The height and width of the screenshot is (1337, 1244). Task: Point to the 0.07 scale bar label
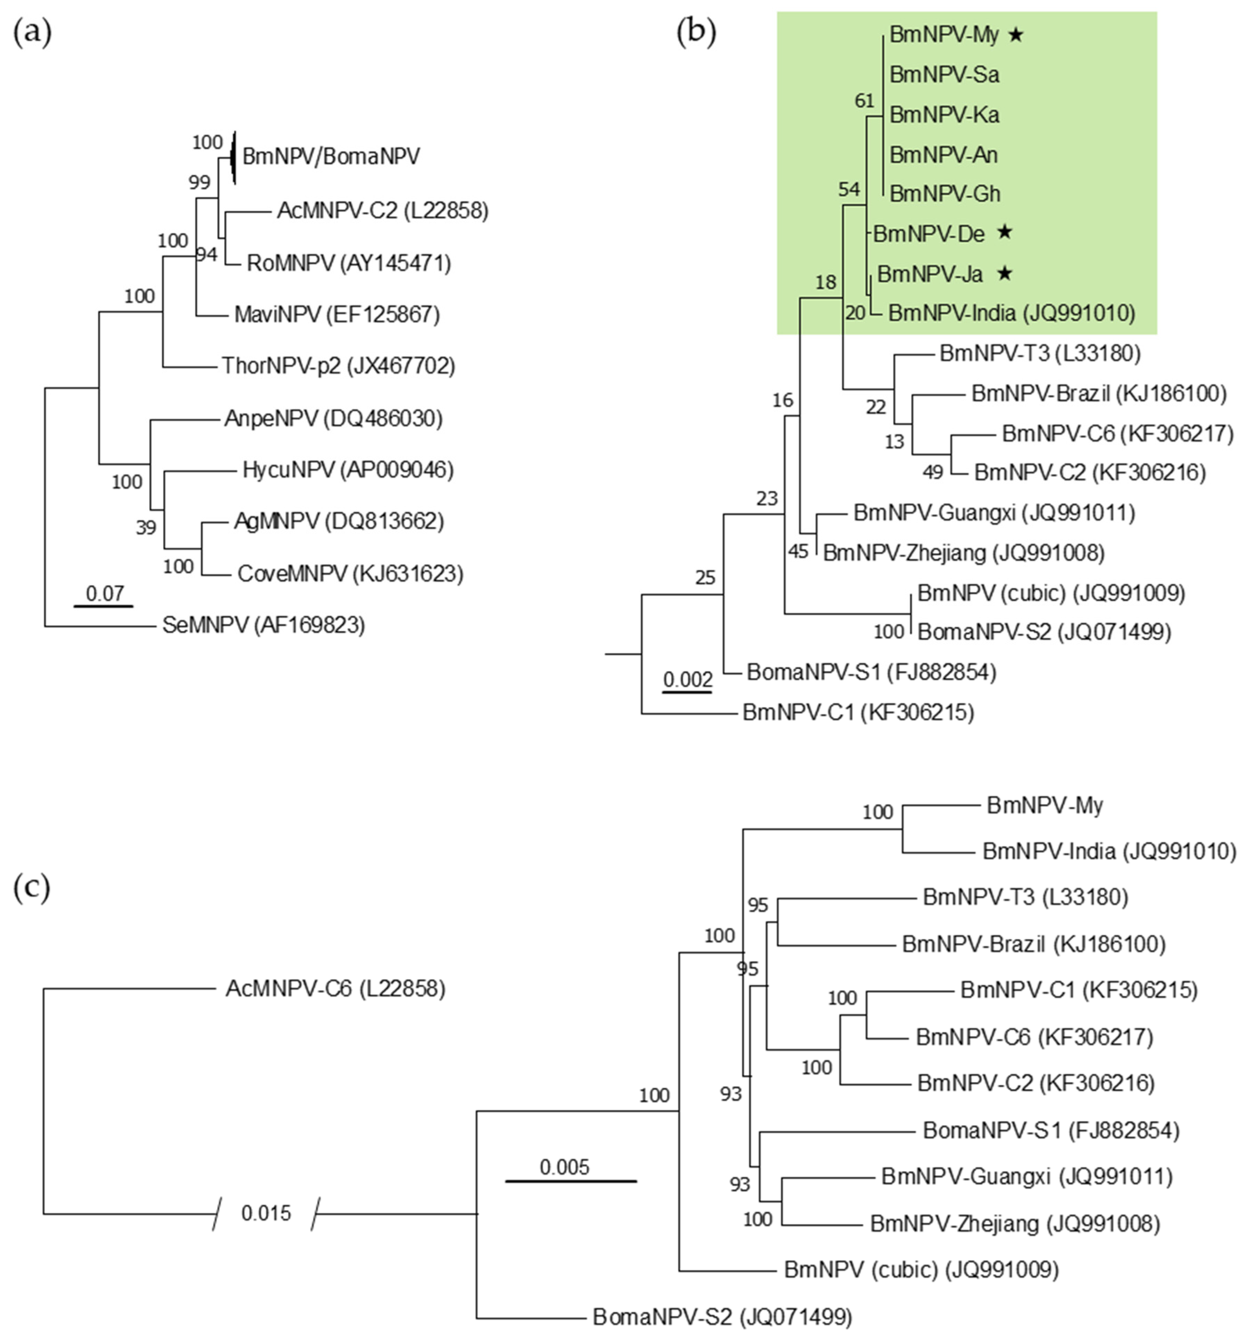click(x=105, y=593)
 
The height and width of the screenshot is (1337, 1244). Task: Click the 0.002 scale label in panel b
click(x=687, y=679)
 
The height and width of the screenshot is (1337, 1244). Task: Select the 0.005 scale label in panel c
click(x=564, y=1167)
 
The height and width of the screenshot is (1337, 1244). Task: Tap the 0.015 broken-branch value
click(x=266, y=1213)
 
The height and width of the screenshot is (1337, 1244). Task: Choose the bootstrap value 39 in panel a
click(x=146, y=527)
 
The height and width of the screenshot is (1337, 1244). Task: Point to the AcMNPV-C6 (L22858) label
click(x=335, y=989)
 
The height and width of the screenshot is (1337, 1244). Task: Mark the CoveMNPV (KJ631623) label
click(x=350, y=574)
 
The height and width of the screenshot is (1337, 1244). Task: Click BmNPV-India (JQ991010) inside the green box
click(x=1011, y=313)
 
